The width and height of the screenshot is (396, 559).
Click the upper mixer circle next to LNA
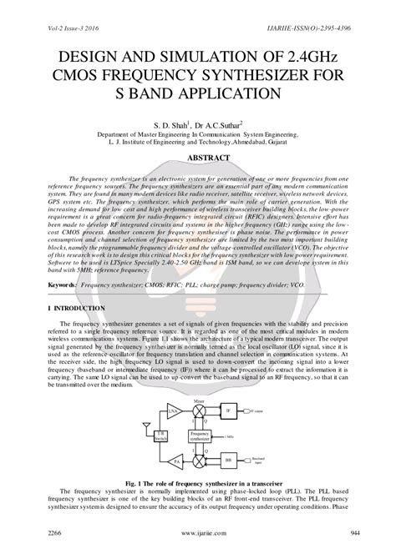pyautogui.click(x=199, y=410)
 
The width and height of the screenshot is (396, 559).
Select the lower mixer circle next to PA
pyautogui.click(x=199, y=460)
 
